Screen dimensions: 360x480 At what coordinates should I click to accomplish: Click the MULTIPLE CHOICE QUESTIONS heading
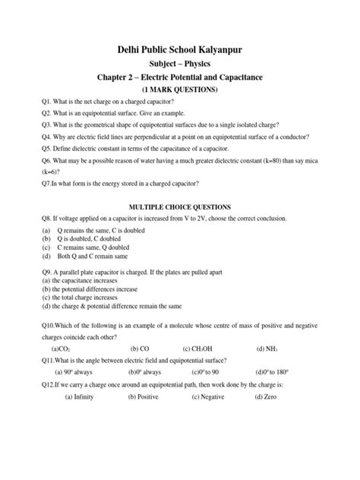[x=179, y=207]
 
